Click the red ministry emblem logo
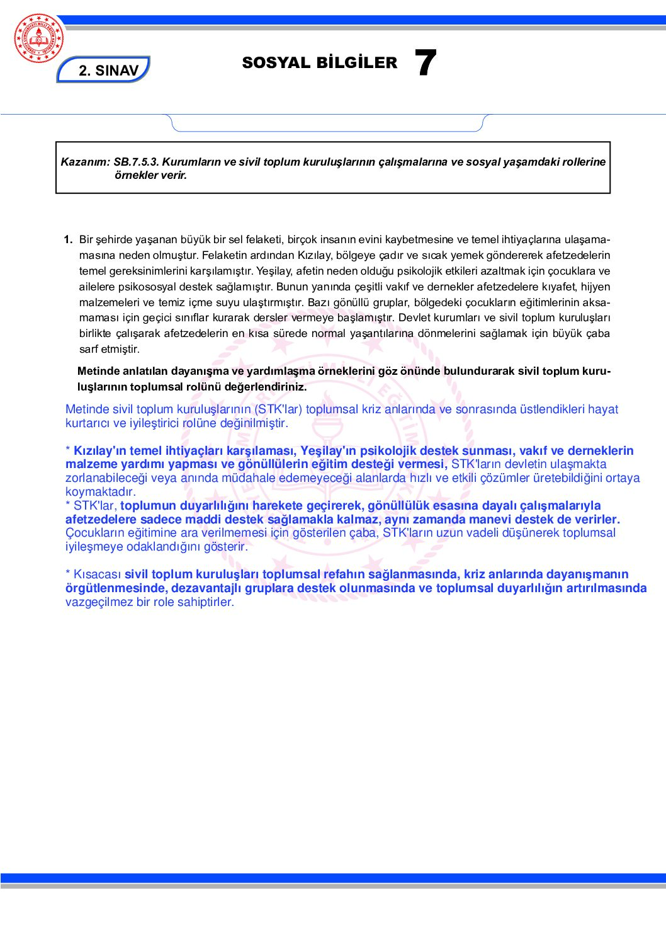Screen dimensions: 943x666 point(39,38)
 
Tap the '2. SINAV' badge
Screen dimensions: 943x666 point(108,70)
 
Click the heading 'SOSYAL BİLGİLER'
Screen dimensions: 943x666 point(319,63)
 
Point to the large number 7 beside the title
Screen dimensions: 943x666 point(426,64)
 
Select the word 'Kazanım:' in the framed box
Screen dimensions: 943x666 point(86,162)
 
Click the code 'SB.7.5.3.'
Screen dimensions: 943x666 point(136,162)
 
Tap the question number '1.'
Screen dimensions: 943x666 point(68,239)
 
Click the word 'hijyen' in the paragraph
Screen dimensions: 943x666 point(595,287)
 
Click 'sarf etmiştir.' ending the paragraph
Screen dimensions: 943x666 point(110,349)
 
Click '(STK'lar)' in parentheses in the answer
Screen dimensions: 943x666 point(278,409)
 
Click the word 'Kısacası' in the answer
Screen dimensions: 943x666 point(98,574)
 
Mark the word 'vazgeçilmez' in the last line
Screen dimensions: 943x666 point(99,602)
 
